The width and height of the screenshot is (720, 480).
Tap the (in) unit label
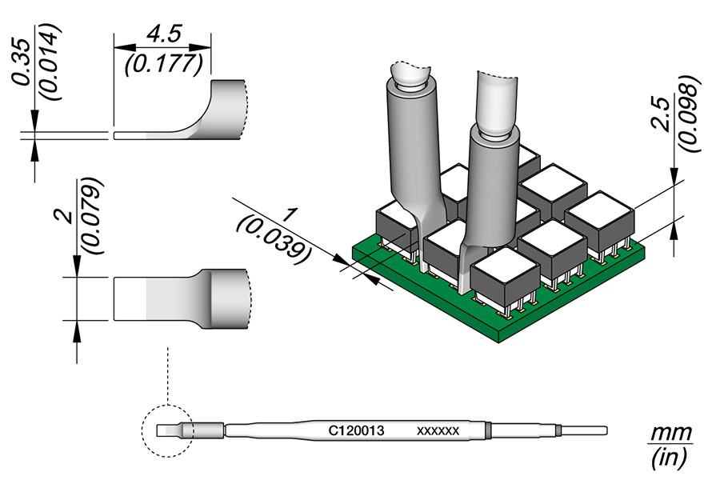click(x=669, y=458)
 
